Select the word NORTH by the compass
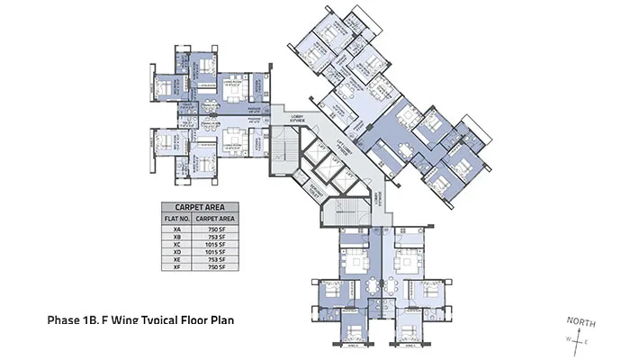579,321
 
